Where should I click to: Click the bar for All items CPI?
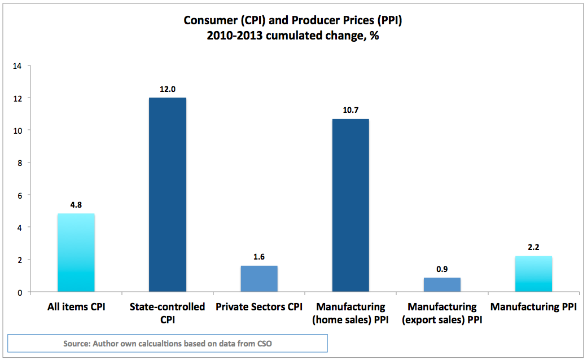pyautogui.click(x=76, y=253)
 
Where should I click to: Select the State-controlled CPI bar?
pyautogui.click(x=167, y=195)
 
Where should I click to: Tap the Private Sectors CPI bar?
pyautogui.click(x=259, y=279)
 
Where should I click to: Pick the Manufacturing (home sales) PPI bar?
pyautogui.click(x=351, y=206)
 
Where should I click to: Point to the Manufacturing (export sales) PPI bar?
pyautogui.click(x=442, y=285)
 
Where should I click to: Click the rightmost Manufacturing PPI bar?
pyautogui.click(x=533, y=274)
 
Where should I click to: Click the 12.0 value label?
pyautogui.click(x=167, y=89)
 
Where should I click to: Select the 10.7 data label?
pyautogui.click(x=351, y=110)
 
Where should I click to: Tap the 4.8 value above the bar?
pyautogui.click(x=76, y=205)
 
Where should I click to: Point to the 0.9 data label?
pyautogui.click(x=442, y=269)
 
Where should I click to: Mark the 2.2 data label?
pyautogui.click(x=533, y=247)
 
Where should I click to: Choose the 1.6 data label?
pyautogui.click(x=259, y=257)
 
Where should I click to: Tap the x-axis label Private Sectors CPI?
pyautogui.click(x=259, y=308)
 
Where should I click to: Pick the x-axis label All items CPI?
pyautogui.click(x=76, y=308)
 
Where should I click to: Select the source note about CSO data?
pyautogui.click(x=168, y=343)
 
